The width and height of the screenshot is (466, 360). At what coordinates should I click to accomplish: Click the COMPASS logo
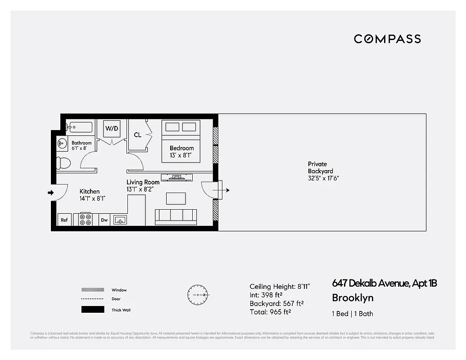387,39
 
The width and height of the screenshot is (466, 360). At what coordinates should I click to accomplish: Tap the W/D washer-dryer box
112,129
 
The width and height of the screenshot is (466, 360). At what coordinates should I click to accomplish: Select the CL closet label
138,135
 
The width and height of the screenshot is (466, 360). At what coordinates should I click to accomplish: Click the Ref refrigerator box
64,220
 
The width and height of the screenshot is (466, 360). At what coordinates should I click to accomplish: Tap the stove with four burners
86,219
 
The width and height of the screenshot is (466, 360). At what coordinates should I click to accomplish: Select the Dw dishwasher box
104,220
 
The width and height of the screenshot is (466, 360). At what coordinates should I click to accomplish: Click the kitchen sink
120,220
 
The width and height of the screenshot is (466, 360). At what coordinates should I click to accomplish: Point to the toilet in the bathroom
63,162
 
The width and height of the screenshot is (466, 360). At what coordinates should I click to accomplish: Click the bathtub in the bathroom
79,127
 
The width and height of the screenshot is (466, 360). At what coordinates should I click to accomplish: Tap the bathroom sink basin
62,143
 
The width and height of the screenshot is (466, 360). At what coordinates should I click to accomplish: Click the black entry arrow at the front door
50,193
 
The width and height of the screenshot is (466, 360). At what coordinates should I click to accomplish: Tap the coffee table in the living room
176,198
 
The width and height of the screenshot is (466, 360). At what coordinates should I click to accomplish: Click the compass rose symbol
197,295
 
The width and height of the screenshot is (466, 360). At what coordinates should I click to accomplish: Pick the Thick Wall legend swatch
93,310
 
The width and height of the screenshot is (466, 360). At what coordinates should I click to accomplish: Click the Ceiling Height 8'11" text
280,286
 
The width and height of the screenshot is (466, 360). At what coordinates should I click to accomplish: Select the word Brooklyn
353,298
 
